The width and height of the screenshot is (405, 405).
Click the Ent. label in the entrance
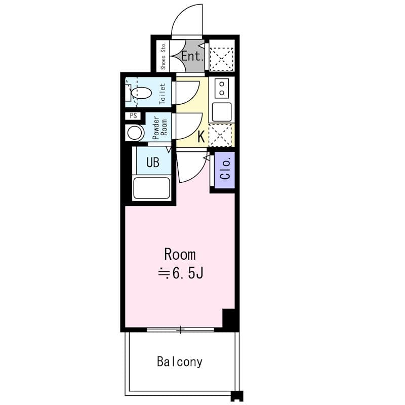192,56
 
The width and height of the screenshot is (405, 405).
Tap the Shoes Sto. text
163,56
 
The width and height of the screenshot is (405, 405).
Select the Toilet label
163,94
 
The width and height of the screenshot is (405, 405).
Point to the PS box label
133,116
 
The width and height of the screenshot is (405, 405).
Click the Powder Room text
159,128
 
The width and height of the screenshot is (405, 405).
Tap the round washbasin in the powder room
135,133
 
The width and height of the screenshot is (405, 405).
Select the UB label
153,162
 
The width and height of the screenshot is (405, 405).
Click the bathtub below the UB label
151,188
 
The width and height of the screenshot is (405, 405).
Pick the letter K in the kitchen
201,137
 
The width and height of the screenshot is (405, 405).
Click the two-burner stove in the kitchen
222,88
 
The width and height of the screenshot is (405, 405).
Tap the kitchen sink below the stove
222,112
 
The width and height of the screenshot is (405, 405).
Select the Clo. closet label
225,170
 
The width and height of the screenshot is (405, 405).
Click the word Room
180,255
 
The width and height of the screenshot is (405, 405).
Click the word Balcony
180,361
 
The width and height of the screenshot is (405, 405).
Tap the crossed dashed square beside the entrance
221,59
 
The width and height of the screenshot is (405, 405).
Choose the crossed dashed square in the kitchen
220,135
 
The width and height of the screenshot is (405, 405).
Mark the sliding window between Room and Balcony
180,330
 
